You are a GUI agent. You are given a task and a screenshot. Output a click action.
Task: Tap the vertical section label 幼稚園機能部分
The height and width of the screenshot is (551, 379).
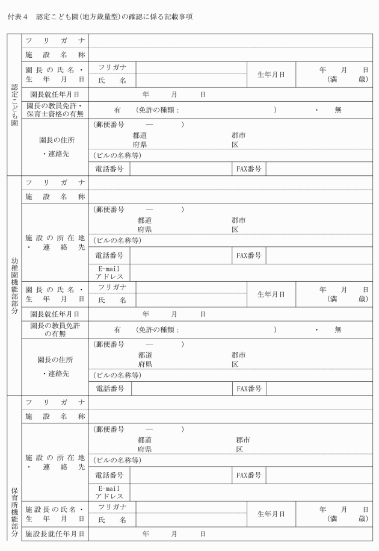pyautogui.click(x=14, y=285)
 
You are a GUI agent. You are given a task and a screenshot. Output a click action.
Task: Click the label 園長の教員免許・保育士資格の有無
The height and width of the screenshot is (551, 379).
pyautogui.click(x=54, y=110)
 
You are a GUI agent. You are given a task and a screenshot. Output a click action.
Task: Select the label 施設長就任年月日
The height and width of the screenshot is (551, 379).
pyautogui.click(x=55, y=534)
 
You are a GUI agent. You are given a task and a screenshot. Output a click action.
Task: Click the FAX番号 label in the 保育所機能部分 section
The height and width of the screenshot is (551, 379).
pyautogui.click(x=248, y=475)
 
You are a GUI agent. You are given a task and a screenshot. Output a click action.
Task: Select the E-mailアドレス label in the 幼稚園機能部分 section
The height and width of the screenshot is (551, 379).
pyautogui.click(x=109, y=272)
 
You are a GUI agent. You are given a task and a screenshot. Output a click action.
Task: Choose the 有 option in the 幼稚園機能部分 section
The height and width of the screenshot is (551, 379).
pyautogui.click(x=117, y=329)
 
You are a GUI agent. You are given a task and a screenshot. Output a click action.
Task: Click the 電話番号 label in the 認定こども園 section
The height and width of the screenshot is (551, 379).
pyautogui.click(x=109, y=169)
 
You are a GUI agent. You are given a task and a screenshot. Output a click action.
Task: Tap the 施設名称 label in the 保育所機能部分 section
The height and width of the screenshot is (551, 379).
pyautogui.click(x=55, y=416)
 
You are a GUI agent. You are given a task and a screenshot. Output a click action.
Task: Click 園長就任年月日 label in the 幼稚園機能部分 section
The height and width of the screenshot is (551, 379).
pyautogui.click(x=55, y=314)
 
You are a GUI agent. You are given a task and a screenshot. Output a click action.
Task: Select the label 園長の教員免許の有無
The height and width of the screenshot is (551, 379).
pyautogui.click(x=54, y=329)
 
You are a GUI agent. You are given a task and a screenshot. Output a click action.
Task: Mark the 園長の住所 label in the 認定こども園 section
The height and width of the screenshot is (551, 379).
pyautogui.click(x=55, y=140)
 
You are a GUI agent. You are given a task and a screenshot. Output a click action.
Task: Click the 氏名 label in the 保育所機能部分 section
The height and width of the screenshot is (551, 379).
pyautogui.click(x=114, y=519)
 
